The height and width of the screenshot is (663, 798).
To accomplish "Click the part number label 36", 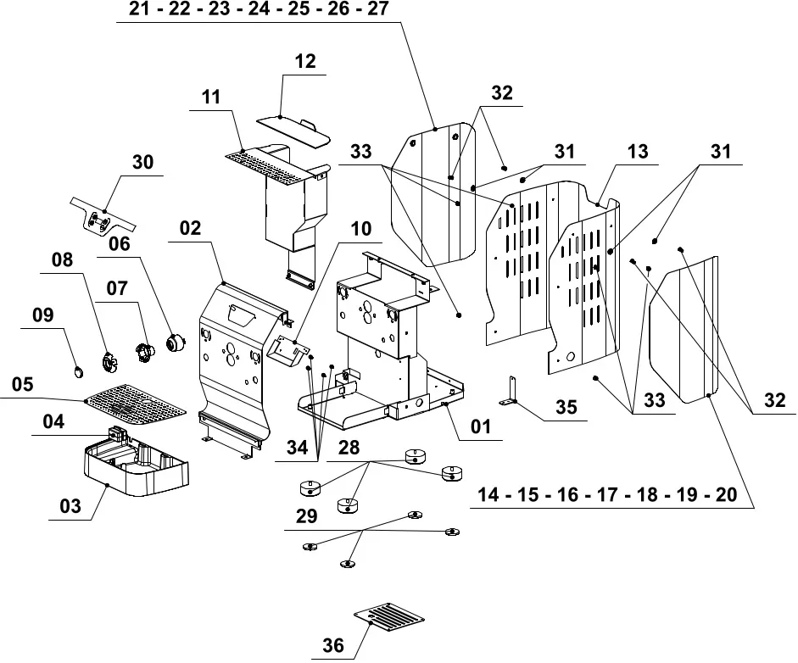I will [333, 646].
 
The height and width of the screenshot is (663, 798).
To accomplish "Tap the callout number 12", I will [304, 61].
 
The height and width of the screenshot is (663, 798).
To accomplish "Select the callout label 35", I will [566, 408].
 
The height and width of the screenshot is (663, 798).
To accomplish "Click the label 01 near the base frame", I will [481, 426].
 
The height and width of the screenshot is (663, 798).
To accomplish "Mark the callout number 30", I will [143, 162].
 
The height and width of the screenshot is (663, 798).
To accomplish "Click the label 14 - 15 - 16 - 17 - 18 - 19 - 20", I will [607, 495].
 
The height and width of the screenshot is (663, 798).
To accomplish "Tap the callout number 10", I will [360, 229].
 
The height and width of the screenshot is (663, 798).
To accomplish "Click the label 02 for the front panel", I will [190, 228].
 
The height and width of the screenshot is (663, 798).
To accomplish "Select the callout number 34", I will [297, 448].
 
